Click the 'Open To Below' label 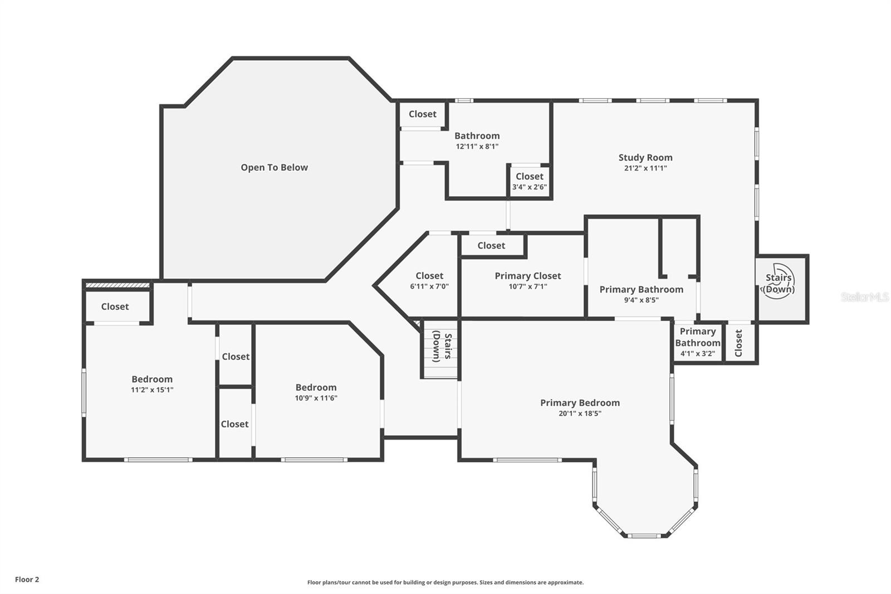click(x=274, y=168)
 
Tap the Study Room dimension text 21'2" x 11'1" click(x=645, y=168)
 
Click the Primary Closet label click(x=528, y=276)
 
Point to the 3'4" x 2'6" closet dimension click(x=530, y=187)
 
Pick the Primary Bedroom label click(x=580, y=403)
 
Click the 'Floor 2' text click(x=27, y=580)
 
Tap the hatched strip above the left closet click(x=118, y=285)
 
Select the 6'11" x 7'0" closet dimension click(x=429, y=286)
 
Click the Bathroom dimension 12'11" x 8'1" click(x=477, y=147)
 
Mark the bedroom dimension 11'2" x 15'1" click(x=152, y=389)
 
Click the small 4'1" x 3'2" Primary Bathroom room click(x=698, y=342)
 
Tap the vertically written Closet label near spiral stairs click(x=738, y=343)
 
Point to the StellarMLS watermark click(x=864, y=297)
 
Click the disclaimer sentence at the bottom click(x=445, y=582)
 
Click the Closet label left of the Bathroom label click(x=423, y=114)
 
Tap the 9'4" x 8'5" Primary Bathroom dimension click(x=641, y=300)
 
